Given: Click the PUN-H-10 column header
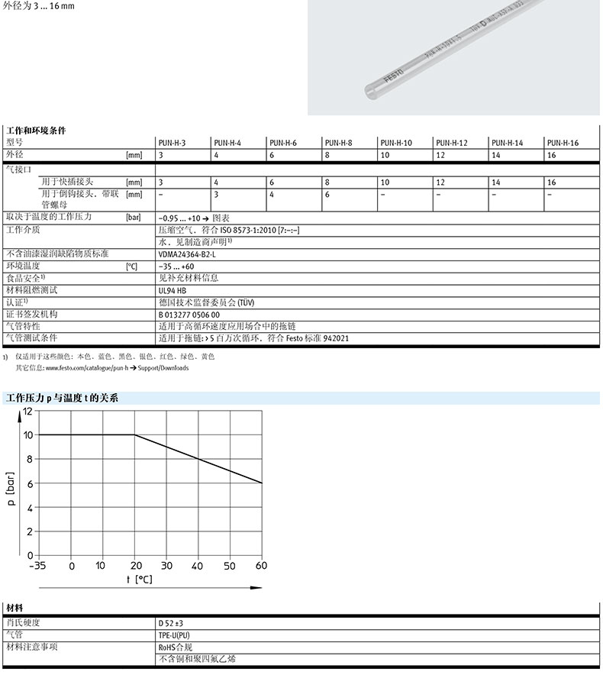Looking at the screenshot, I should (396, 143).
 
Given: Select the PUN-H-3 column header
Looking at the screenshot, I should (172, 143).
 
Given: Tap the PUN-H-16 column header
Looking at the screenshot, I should (563, 143).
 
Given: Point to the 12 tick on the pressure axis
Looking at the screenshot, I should (28, 411).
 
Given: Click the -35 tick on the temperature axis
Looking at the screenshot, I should (37, 566).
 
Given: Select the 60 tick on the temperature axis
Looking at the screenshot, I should (261, 566).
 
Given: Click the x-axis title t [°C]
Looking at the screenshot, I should (139, 580).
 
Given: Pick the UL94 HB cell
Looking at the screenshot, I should (172, 290).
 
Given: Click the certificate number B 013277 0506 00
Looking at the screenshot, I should (189, 314).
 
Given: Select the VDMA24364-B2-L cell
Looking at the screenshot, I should (187, 254).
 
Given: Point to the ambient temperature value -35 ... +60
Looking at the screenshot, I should (176, 266).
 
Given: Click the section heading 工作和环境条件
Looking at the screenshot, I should (36, 131).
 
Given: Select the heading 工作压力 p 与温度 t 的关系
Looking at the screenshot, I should (62, 398).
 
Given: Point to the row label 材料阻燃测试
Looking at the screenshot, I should (31, 290).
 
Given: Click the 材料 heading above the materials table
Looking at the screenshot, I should (15, 609).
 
